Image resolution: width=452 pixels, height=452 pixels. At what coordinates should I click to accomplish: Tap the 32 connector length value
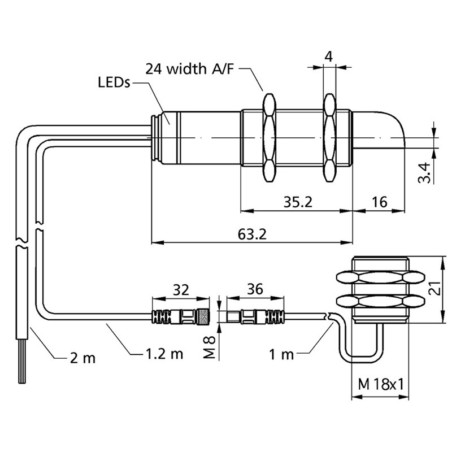click(180, 290)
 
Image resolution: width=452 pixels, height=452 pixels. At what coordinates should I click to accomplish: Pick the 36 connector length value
click(255, 290)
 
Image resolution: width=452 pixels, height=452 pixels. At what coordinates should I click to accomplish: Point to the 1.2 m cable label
click(164, 355)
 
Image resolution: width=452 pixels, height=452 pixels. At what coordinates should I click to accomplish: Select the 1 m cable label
click(281, 355)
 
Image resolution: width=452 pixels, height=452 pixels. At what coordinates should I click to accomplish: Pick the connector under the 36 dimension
click(255, 316)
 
